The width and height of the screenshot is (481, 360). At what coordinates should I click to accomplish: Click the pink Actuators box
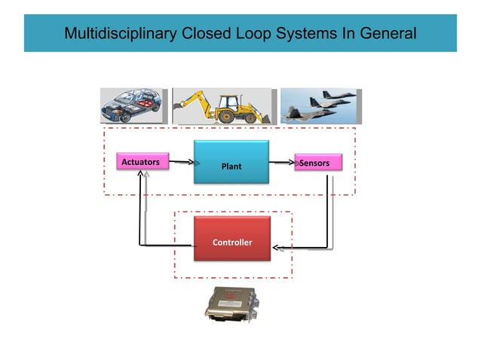click(x=142, y=162)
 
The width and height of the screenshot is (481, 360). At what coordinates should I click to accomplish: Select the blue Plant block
click(x=231, y=162)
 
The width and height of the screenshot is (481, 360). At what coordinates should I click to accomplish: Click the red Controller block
click(x=231, y=239)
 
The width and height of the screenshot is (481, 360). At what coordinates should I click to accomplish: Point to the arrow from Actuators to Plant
click(x=182, y=162)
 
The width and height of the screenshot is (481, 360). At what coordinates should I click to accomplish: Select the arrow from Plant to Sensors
click(x=281, y=162)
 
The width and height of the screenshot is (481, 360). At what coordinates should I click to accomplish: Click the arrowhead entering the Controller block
click(x=276, y=247)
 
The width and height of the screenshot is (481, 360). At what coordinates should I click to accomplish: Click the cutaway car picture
click(x=131, y=106)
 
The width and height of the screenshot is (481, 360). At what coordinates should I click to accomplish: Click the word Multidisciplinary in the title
click(x=120, y=34)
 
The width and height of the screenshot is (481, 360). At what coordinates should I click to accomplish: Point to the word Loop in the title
click(x=257, y=34)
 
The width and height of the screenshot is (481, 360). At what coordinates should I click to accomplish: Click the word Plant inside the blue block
click(x=231, y=166)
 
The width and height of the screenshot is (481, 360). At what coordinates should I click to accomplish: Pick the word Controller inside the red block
click(x=231, y=243)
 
